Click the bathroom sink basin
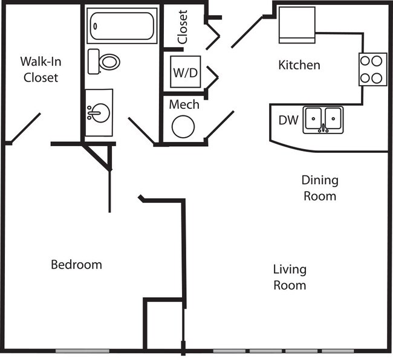[99, 112]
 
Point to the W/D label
[185, 73]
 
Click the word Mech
[184, 104]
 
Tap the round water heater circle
[183, 127]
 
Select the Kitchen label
[299, 65]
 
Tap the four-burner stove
[373, 69]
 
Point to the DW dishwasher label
[288, 120]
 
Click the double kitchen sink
[323, 120]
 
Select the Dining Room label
[320, 188]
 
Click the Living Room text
[290, 277]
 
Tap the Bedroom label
[76, 265]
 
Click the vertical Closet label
[183, 27]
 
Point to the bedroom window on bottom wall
[82, 351]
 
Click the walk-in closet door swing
[26, 129]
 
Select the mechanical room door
[219, 126]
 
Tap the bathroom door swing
[142, 130]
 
